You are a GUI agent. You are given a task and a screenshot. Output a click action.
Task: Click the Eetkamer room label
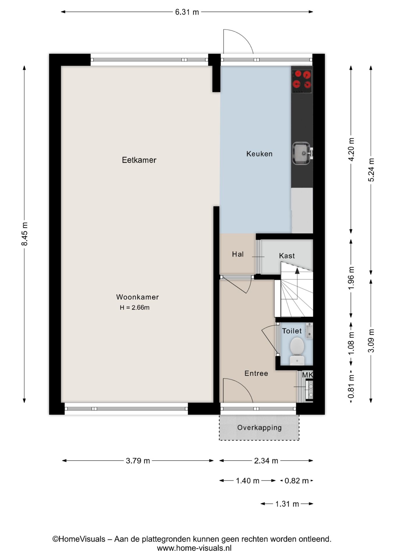tap(139, 160)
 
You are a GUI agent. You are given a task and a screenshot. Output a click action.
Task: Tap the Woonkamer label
tap(137, 297)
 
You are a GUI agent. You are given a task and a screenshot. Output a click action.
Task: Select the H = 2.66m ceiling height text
tap(135, 307)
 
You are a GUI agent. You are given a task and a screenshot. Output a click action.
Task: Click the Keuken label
tap(259, 154)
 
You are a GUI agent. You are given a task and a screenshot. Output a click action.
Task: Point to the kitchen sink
tap(301, 153)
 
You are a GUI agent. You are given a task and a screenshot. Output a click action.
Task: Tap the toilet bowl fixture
tap(297, 348)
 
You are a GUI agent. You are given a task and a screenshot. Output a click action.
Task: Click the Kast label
tap(287, 256)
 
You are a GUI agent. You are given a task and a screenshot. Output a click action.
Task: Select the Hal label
tap(238, 254)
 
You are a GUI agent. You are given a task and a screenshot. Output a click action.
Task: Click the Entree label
tap(256, 373)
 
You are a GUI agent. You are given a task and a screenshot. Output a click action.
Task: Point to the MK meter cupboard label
tap(307, 375)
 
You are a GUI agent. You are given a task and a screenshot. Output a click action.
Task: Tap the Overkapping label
tap(259, 428)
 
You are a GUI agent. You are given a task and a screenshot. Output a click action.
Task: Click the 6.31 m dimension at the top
tap(187, 12)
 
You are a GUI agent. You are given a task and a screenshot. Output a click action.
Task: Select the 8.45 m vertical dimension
tap(25, 234)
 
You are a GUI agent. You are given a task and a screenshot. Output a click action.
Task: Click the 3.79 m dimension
tap(138, 461)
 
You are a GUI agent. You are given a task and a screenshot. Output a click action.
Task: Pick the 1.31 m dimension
tap(287, 504)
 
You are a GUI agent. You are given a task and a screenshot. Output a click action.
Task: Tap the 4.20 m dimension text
tap(351, 149)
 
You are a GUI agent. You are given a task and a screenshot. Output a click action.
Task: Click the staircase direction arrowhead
tap(297, 271)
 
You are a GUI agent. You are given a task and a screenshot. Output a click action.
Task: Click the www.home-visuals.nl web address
tap(194, 548)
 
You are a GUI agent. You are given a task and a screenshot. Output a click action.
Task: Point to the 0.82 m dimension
tap(296, 481)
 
